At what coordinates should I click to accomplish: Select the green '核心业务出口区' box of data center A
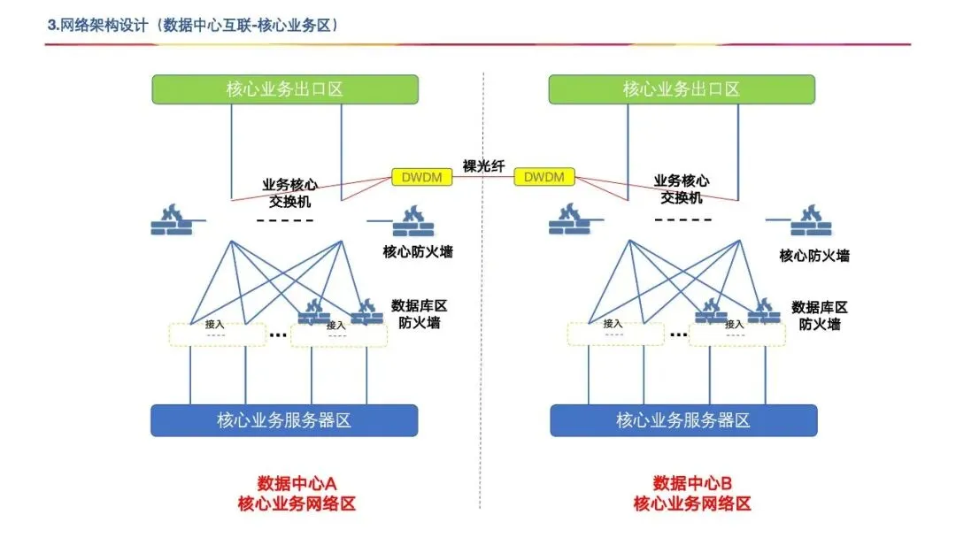click(x=284, y=89)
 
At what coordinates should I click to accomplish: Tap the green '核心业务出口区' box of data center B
click(x=681, y=89)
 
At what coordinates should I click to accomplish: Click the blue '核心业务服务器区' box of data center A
click(x=284, y=420)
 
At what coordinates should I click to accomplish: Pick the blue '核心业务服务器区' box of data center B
click(x=683, y=420)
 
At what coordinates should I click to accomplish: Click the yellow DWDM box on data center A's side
click(x=422, y=177)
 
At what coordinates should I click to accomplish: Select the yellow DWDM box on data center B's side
click(x=544, y=177)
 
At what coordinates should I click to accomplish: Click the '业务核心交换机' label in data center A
click(x=286, y=192)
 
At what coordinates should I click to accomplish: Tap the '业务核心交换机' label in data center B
click(x=682, y=189)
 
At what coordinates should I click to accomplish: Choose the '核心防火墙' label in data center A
click(x=418, y=251)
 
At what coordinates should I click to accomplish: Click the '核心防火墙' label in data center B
click(x=814, y=256)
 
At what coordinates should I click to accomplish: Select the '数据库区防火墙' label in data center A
click(x=420, y=314)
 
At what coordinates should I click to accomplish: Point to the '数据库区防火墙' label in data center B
click(x=820, y=316)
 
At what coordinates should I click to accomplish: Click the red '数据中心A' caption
click(x=297, y=483)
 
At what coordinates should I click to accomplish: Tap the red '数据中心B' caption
click(x=693, y=483)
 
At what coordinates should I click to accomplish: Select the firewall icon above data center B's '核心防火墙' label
click(x=810, y=220)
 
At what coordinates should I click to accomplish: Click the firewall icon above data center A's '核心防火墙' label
click(x=412, y=220)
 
